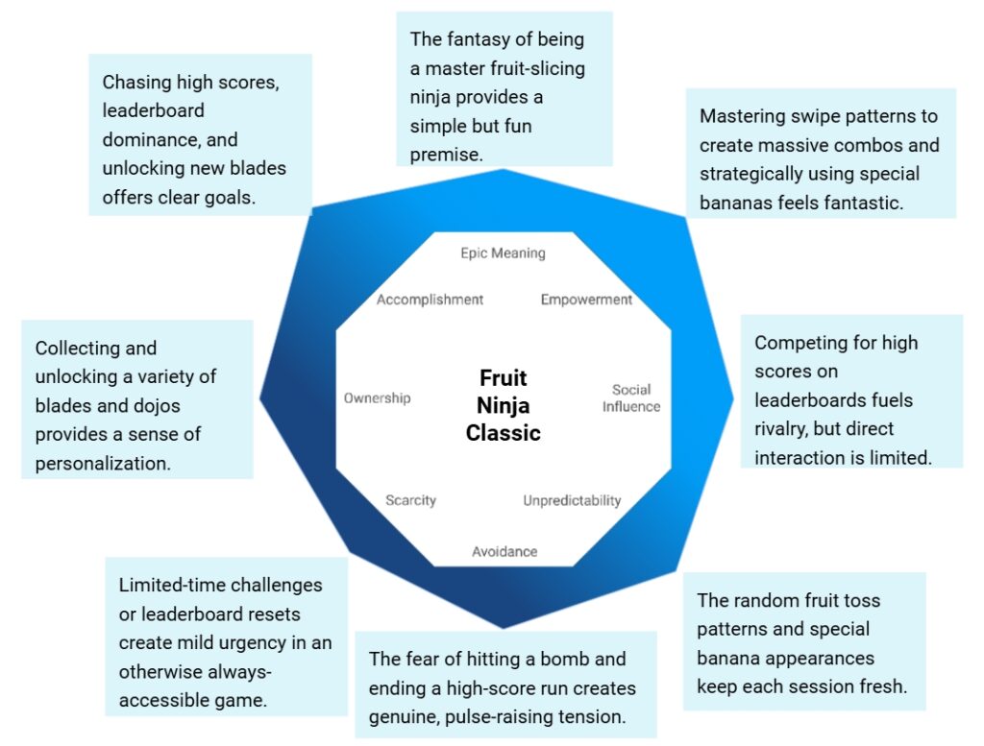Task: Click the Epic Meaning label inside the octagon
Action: pos(503,253)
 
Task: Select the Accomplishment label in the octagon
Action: pos(430,300)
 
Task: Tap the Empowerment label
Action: pos(586,300)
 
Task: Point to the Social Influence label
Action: pos(631,397)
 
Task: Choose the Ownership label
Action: pos(377,397)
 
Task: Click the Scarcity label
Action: pos(410,500)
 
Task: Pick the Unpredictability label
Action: pos(572,500)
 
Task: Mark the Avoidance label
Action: pos(504,551)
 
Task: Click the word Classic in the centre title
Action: pos(503,433)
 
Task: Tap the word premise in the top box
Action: pos(445,154)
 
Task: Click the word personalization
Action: pos(103,463)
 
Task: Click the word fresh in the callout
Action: pos(884,687)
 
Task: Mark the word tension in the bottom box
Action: pos(590,717)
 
